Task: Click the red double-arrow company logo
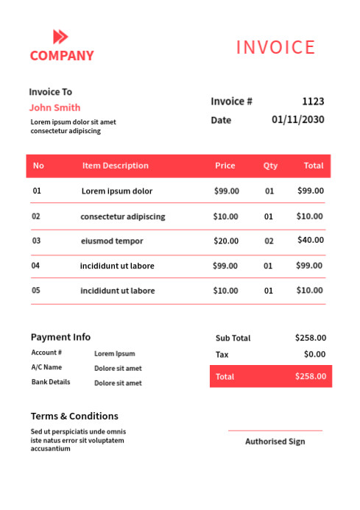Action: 60,37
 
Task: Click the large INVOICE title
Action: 275,48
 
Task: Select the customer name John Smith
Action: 54,107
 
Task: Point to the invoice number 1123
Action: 313,102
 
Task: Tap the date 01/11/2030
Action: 297,120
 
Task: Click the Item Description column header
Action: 115,166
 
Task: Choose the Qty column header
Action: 270,166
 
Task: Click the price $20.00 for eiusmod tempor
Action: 225,241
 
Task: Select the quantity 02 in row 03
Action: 269,241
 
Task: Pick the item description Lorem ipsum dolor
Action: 116,191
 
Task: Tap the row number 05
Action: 36,290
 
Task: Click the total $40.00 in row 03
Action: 310,240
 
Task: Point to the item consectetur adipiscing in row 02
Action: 122,216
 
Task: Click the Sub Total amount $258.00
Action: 310,338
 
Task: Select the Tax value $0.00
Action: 314,354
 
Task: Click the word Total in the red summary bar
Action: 225,376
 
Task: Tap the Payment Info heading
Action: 60,337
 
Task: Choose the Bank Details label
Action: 51,382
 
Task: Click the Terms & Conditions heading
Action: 74,416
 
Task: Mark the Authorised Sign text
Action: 275,442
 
